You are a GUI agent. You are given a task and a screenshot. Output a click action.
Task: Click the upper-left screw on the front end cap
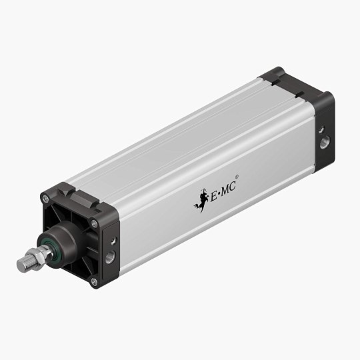click(x=45, y=197)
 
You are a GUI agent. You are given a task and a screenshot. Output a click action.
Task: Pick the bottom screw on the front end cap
click(x=94, y=282)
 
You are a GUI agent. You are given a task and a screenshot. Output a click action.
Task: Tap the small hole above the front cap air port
click(x=112, y=239)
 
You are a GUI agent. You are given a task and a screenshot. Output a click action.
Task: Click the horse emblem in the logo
click(x=199, y=198)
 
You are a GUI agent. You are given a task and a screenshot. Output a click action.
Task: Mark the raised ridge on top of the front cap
click(x=78, y=194)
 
